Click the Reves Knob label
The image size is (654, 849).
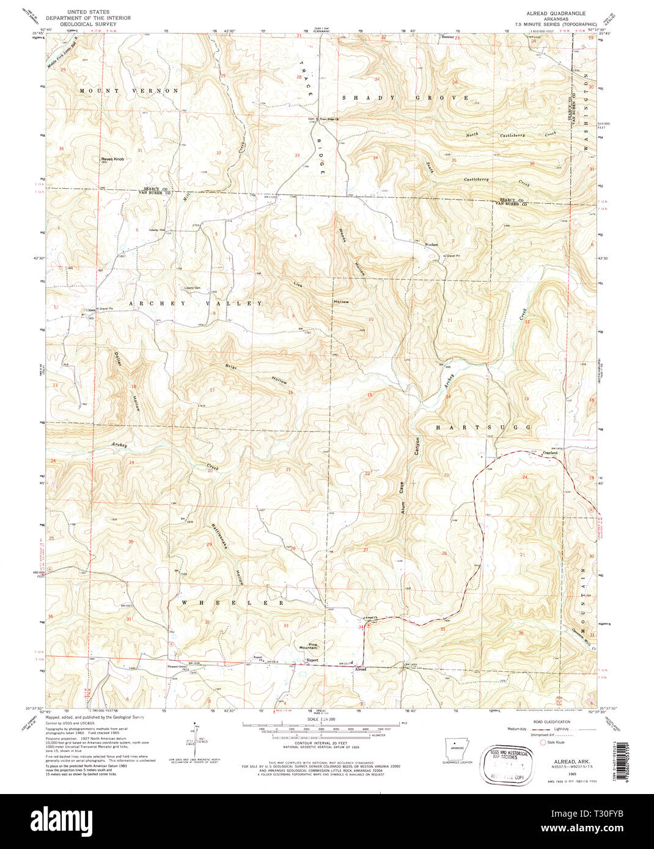pyautogui.click(x=112, y=159)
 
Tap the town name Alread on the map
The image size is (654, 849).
pyautogui.click(x=360, y=669)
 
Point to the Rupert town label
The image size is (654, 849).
pyautogui.click(x=312, y=660)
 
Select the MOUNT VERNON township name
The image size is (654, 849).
pyautogui.click(x=129, y=90)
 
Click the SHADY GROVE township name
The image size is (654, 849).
pyautogui.click(x=405, y=98)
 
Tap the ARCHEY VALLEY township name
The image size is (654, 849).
pyautogui.click(x=196, y=304)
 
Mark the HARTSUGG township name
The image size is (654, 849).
pyautogui.click(x=483, y=428)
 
